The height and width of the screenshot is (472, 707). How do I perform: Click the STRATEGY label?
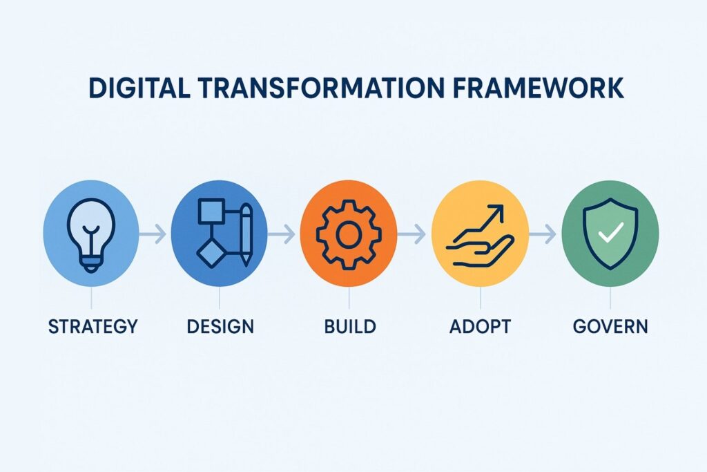93,326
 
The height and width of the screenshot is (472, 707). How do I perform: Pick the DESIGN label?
220,326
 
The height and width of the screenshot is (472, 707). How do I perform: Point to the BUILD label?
350,326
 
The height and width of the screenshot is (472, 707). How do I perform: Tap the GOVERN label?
610,326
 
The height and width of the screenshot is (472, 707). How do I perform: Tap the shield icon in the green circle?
610,236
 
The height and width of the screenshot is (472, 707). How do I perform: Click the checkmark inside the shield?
610,234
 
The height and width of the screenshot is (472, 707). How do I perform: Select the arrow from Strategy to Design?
153,236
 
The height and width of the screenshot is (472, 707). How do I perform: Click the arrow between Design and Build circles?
282,236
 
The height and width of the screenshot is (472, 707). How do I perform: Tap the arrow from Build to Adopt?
412,236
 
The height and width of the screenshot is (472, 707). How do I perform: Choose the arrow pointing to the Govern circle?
543,236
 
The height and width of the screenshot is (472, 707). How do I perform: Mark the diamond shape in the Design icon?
211,253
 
